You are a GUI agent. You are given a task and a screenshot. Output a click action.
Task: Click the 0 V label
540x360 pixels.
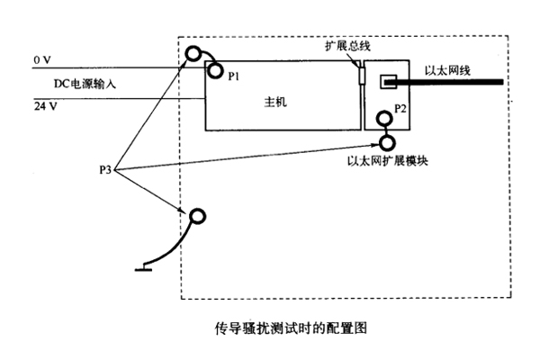(x=41, y=59)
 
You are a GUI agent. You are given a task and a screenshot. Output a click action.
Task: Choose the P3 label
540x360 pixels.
(x=105, y=168)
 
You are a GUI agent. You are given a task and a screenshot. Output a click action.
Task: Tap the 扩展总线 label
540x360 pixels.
(x=346, y=46)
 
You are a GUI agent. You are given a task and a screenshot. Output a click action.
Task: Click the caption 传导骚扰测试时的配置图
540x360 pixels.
(x=278, y=329)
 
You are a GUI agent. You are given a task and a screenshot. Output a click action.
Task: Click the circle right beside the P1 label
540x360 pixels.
(x=215, y=70)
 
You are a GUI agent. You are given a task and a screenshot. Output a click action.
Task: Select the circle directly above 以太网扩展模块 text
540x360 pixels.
(x=388, y=142)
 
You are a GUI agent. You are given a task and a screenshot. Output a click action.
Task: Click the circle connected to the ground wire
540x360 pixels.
(x=197, y=215)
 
